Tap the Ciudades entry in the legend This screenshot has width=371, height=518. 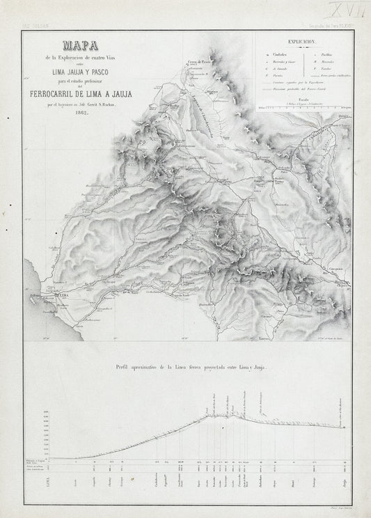click(277, 53)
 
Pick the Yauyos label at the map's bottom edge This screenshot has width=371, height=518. click(245, 336)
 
